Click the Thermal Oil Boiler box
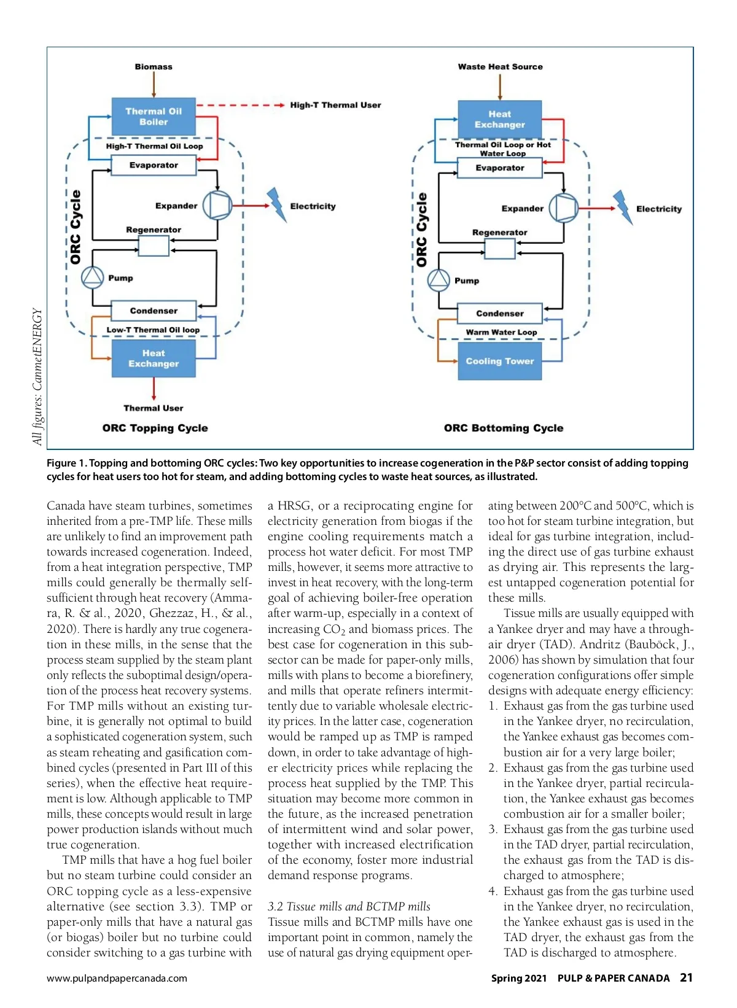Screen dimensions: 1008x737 point(154,117)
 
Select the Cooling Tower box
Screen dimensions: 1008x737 point(500,362)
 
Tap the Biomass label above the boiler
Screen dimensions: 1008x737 point(154,66)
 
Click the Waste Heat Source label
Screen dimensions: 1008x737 point(500,66)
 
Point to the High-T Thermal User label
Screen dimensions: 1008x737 point(335,105)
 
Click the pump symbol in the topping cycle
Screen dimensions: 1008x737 point(93,277)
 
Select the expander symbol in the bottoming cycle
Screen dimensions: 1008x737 point(563,208)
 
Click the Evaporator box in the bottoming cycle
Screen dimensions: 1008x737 point(500,168)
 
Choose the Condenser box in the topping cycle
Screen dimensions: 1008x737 point(154,311)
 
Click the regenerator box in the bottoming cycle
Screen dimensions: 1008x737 point(500,249)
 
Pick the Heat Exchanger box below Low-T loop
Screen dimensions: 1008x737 point(154,359)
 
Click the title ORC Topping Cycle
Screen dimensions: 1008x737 point(155,428)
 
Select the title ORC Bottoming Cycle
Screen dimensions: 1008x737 point(503,428)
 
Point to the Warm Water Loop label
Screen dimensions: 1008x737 point(501,332)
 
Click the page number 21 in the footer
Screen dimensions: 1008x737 point(686,978)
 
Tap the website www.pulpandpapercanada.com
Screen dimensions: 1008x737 point(117,979)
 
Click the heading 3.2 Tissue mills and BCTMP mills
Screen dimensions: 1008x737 point(348,907)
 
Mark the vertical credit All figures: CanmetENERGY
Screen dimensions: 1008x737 point(37,376)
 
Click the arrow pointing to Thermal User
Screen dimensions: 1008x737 point(154,390)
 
